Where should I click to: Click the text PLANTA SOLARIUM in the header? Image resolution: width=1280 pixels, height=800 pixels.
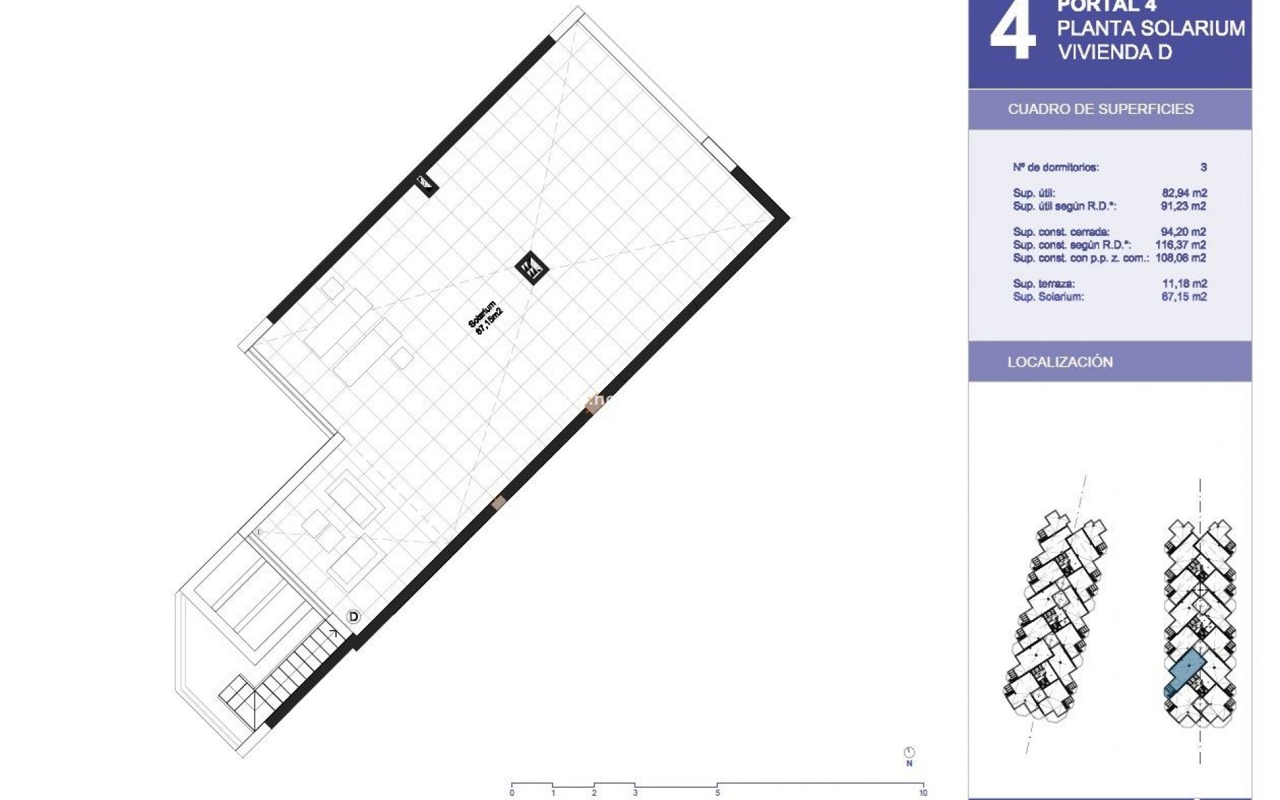[x=1151, y=29]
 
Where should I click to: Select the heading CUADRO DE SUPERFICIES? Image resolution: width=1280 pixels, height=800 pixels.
[x=1100, y=109]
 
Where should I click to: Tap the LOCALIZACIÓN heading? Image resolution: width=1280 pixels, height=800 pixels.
[x=1060, y=362]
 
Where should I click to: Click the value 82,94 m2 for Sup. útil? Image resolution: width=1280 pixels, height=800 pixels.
[x=1184, y=193]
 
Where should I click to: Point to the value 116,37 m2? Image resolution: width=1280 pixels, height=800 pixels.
[x=1181, y=245]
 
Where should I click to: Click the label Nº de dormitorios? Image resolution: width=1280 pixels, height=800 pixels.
[x=1055, y=167]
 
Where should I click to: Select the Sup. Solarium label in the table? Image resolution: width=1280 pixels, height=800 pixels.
[x=1048, y=297]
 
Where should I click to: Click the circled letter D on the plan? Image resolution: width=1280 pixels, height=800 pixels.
[x=353, y=617]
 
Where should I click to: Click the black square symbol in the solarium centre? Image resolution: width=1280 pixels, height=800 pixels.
[x=531, y=268]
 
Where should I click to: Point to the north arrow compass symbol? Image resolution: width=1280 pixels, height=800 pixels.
[x=909, y=752]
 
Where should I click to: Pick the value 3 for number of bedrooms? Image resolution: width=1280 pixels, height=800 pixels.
[x=1203, y=167]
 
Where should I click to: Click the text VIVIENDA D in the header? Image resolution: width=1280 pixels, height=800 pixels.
[x=1115, y=52]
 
